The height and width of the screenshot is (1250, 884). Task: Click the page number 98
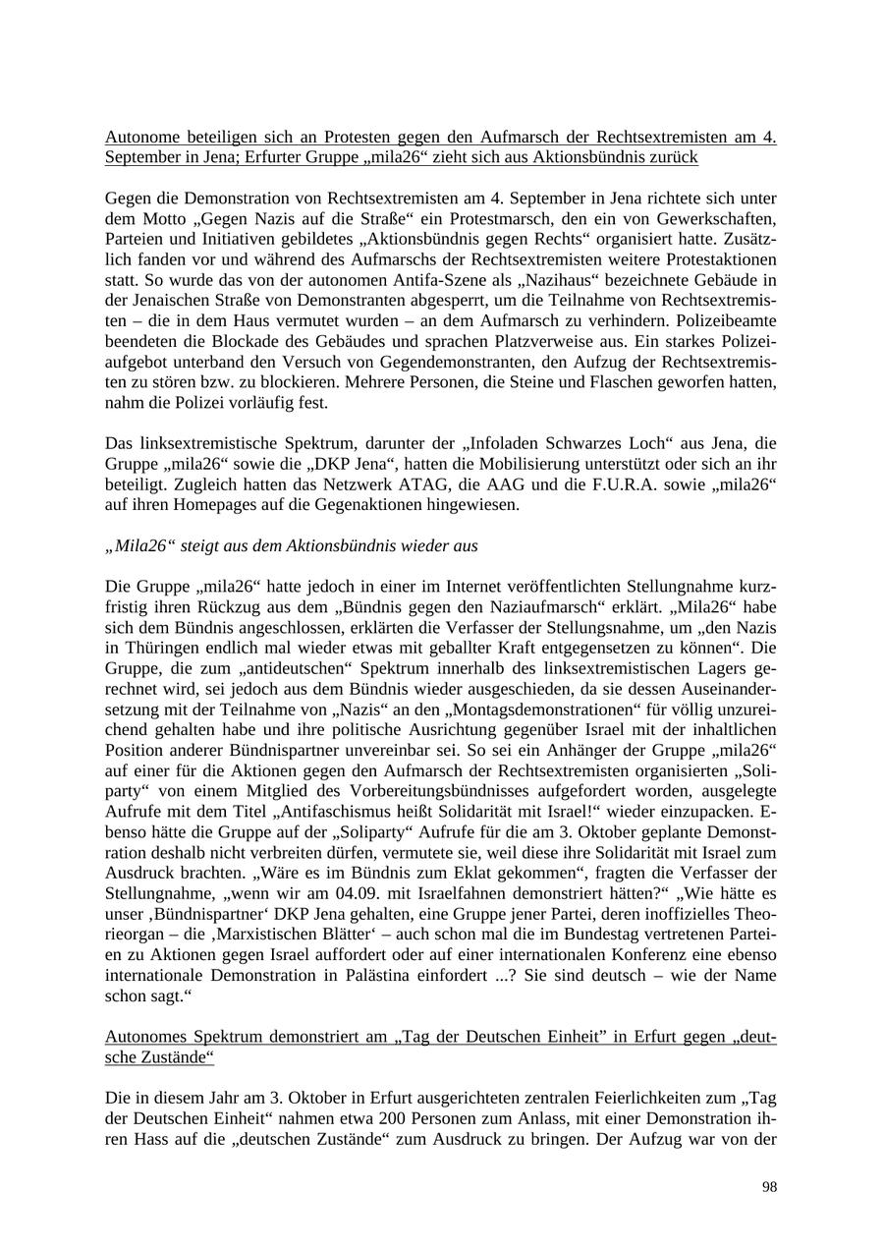tap(769, 1187)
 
